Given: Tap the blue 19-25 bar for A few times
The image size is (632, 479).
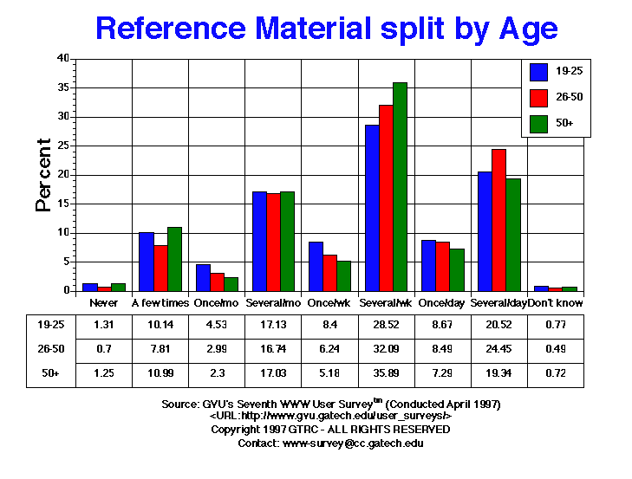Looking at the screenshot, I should coord(146,262).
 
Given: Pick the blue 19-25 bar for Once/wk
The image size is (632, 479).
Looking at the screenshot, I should coord(316,267).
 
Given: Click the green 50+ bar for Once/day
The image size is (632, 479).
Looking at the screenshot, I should coord(456,270).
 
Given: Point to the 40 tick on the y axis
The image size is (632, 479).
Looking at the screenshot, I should coord(62,59).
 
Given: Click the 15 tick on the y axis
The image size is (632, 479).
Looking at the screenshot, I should coord(62,204).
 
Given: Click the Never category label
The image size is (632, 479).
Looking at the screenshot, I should coord(103,303).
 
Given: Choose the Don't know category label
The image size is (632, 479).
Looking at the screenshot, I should coord(556,303).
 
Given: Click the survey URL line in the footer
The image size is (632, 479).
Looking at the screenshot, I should coord(330,417).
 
